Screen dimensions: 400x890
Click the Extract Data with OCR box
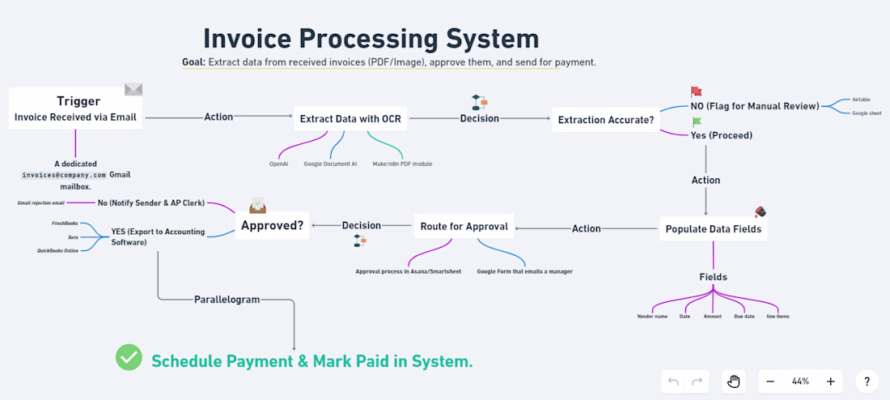pyautogui.click(x=350, y=119)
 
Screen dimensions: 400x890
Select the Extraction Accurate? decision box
pyautogui.click(x=606, y=121)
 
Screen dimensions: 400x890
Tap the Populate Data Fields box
pyautogui.click(x=713, y=229)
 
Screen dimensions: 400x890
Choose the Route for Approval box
pyautogui.click(x=464, y=227)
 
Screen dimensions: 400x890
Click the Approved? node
pyautogui.click(x=273, y=226)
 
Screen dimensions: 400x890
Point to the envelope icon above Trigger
pyautogui.click(x=133, y=89)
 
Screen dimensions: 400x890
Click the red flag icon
pyautogui.click(x=697, y=92)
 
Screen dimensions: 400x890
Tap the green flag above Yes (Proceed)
pyautogui.click(x=697, y=122)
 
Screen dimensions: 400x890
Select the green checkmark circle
pyautogui.click(x=129, y=357)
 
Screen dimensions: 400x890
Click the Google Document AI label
pyautogui.click(x=330, y=164)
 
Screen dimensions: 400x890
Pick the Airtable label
pyautogui.click(x=861, y=100)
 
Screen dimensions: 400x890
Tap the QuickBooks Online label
pyautogui.click(x=57, y=251)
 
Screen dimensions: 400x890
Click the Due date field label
pyautogui.click(x=744, y=316)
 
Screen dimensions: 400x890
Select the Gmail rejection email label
pyautogui.click(x=41, y=202)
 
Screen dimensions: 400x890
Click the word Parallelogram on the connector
pyautogui.click(x=227, y=300)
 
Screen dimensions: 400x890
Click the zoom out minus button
pyautogui.click(x=770, y=381)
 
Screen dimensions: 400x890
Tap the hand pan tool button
pyautogui.click(x=734, y=381)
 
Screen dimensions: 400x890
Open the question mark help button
pyautogui.click(x=867, y=381)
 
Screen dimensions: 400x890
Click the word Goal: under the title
pyautogui.click(x=193, y=62)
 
